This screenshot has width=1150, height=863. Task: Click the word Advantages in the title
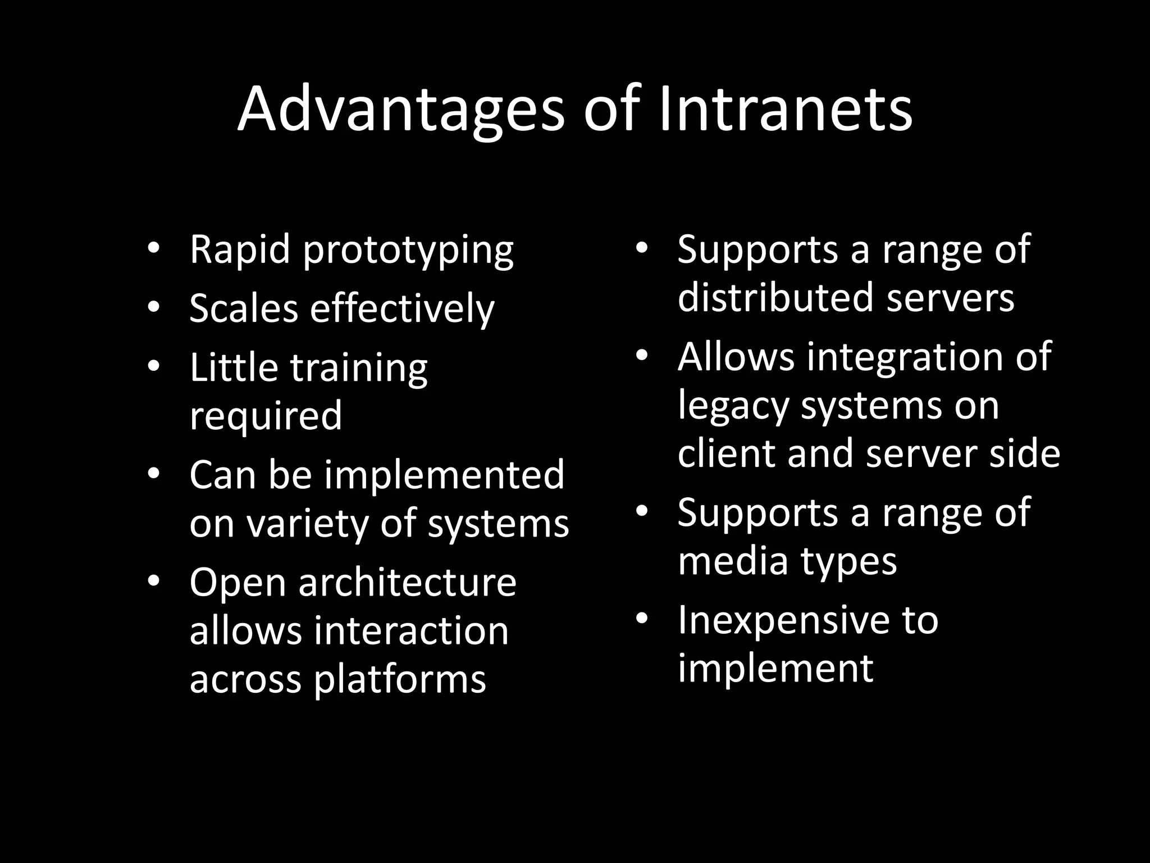point(400,110)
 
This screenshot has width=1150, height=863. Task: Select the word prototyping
point(408,251)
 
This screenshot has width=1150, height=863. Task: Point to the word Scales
point(243,308)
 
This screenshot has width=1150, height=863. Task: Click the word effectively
point(402,310)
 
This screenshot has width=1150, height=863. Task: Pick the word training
point(359,369)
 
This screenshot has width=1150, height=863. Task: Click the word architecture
point(407,583)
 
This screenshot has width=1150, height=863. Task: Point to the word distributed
point(775,297)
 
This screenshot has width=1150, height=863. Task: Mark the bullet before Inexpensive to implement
point(642,619)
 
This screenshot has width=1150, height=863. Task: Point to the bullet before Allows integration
point(642,356)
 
